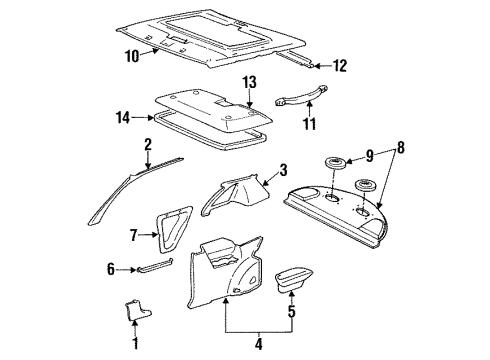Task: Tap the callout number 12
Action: coord(339,66)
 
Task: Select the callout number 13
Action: coord(249,81)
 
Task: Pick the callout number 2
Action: coord(147,145)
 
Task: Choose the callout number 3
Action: coord(283,170)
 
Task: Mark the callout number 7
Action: coord(135,235)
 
